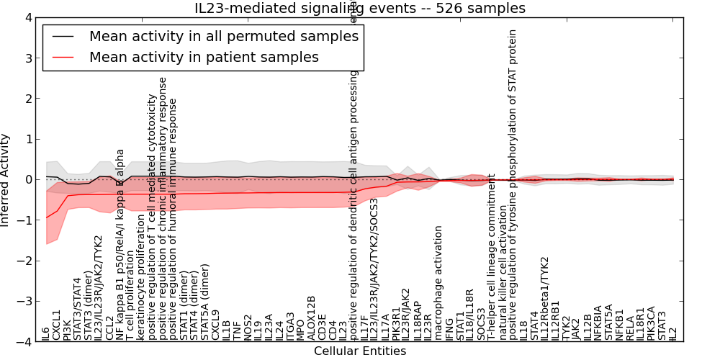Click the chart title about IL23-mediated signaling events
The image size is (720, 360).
360,9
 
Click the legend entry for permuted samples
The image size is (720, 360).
223,35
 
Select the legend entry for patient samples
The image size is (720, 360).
204,57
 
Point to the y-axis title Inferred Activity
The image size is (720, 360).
6,180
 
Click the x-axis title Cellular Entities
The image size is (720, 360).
360,351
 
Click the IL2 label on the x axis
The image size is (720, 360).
673,333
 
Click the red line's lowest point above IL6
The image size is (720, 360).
47,217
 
